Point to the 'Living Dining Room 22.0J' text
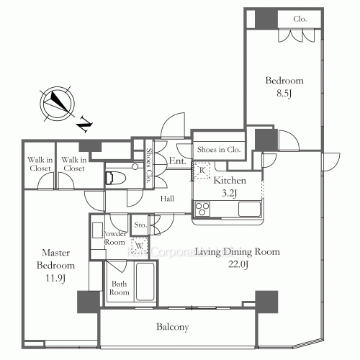(237, 258)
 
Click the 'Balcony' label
(173, 327)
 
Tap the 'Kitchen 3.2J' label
(230, 186)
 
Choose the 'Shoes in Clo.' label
(219, 149)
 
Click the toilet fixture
(120, 177)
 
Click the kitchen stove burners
(202, 210)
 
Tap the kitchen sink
(249, 210)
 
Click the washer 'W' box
(139, 246)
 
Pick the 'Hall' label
(167, 198)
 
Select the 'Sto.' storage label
(140, 225)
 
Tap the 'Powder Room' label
(115, 238)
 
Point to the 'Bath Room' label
(119, 288)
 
